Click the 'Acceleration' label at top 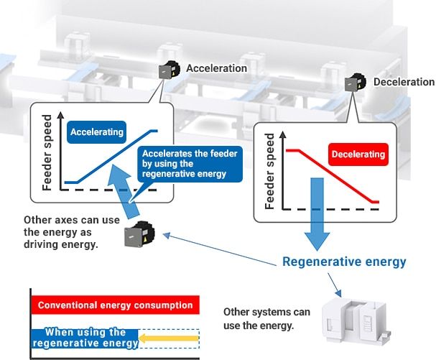(216, 68)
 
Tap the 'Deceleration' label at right (404, 82)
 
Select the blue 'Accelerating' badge (97, 132)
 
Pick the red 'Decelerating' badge (358, 154)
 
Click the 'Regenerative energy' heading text (344, 262)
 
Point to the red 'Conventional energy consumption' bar (115, 305)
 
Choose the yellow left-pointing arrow (167, 336)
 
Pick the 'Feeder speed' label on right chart (270, 171)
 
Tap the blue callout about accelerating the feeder (190, 164)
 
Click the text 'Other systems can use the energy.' (266, 318)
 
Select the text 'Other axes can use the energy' (71, 232)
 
